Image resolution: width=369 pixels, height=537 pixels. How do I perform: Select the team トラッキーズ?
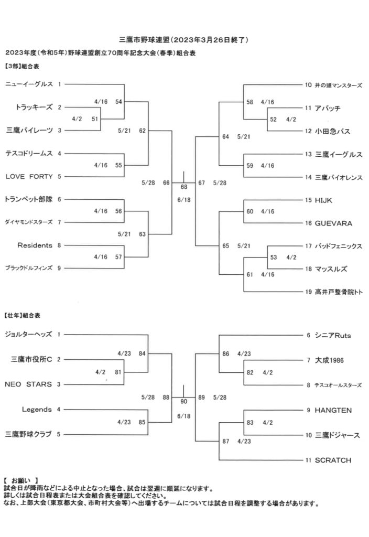coord(35,107)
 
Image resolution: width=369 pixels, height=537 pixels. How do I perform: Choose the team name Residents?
coord(35,245)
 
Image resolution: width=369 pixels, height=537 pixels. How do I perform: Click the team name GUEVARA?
coord(333,223)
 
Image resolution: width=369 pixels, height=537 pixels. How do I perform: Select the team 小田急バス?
coord(333,131)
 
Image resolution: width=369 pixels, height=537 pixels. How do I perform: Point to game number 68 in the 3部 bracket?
coord(184,187)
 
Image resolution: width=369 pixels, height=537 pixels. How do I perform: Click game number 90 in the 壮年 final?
coord(183,402)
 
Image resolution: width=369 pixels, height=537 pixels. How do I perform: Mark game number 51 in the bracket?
coord(95,119)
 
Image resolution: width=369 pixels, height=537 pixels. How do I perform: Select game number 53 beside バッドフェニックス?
coord(274,257)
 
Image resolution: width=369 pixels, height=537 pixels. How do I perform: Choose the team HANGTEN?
coord(333,410)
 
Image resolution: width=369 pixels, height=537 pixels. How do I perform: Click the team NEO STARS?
coord(28,384)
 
